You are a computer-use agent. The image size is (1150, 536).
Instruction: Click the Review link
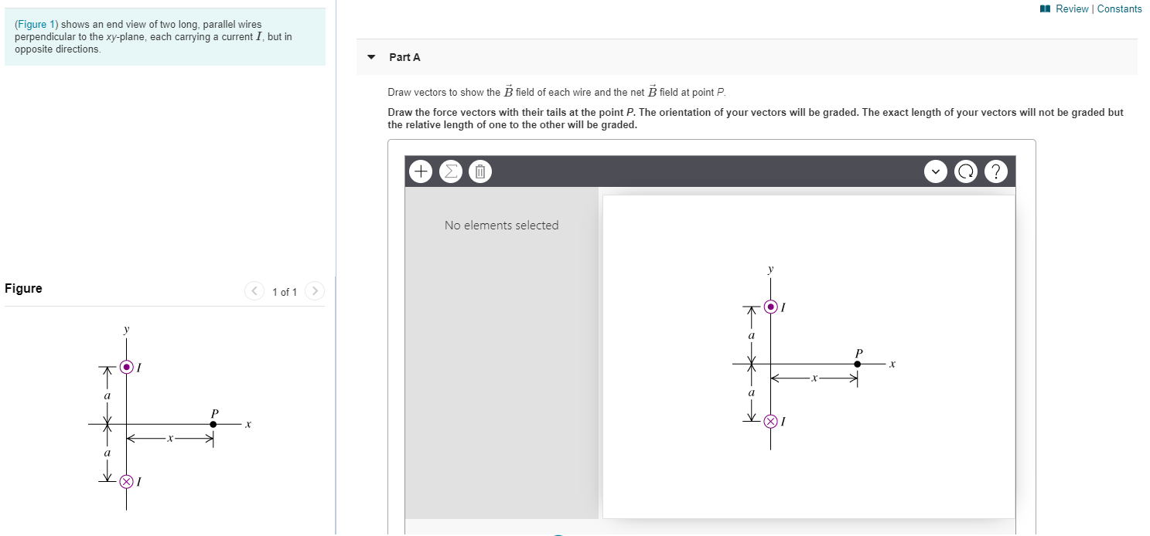pos(1071,9)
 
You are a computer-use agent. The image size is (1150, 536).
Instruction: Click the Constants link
pos(1119,9)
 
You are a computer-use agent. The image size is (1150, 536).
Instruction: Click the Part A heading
pos(404,57)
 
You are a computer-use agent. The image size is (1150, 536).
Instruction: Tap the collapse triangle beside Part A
pos(371,57)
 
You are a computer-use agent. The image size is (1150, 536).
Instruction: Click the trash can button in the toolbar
pos(479,171)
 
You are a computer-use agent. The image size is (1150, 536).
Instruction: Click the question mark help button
pos(996,171)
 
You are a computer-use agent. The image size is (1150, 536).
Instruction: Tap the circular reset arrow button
pos(966,171)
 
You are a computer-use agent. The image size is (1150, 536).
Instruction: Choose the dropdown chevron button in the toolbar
pos(936,171)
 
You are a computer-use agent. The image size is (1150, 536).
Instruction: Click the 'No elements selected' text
pos(501,226)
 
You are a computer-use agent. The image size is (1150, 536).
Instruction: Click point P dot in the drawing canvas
pos(857,364)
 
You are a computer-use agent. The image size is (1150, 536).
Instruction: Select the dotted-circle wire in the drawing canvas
pos(771,307)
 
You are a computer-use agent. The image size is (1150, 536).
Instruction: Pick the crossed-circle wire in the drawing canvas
pos(770,421)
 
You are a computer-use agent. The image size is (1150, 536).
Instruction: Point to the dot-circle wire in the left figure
pos(127,367)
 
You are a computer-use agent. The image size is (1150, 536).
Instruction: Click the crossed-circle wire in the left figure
pos(127,481)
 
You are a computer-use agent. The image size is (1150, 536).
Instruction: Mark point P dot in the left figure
pos(213,424)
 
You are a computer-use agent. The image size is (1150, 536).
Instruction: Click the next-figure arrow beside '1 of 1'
pos(315,291)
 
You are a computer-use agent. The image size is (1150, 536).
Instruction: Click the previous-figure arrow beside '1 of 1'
pos(254,291)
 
